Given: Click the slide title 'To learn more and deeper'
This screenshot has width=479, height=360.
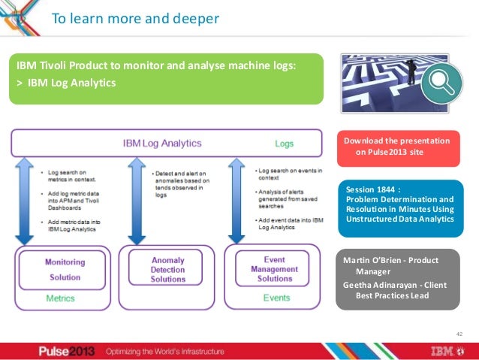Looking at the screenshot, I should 135,18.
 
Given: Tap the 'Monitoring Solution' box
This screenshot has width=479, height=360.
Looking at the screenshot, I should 65,268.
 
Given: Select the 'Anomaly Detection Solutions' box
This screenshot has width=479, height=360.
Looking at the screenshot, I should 167,268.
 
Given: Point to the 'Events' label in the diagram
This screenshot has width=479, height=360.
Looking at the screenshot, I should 276,298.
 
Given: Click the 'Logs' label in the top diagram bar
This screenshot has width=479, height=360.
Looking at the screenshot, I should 284,143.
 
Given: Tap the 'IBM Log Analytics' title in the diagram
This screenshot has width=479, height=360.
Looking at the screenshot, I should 162,143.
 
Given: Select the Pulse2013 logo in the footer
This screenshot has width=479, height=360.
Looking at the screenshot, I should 68,351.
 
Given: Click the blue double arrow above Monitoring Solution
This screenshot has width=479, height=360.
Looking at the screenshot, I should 24,201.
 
